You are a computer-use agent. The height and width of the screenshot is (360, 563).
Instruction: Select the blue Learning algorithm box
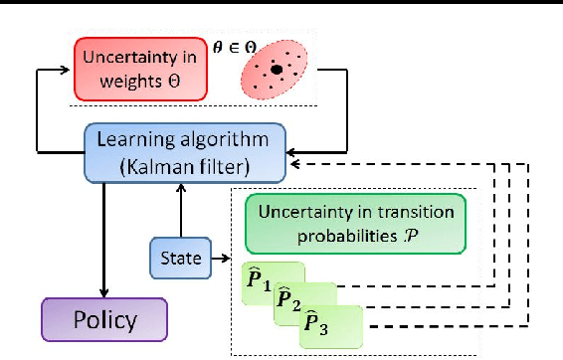pos(186,152)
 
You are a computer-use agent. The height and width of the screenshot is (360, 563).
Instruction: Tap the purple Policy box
pos(104,319)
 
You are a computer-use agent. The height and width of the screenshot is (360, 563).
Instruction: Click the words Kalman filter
pos(186,164)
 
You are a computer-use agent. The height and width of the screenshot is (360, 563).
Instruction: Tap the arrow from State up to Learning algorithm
pos(178,210)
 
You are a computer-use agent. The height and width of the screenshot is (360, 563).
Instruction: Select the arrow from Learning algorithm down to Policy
pos(103,239)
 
